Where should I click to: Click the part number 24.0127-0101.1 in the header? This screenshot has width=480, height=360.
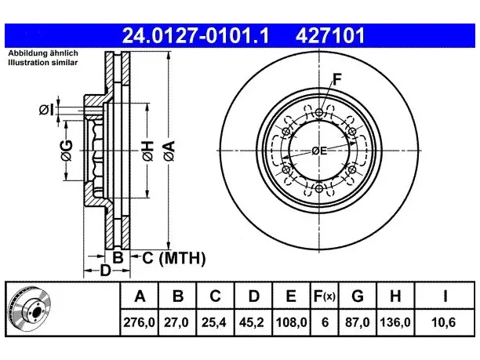(195, 35)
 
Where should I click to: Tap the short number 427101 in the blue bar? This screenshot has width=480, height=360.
(330, 35)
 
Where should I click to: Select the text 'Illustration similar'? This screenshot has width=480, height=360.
(43, 63)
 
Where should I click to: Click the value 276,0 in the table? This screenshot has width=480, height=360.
(139, 322)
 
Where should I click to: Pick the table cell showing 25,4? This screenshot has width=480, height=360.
(214, 322)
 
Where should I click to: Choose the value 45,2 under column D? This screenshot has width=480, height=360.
(252, 322)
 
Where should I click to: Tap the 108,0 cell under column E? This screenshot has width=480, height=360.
(291, 322)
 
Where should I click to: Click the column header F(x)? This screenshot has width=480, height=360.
(325, 296)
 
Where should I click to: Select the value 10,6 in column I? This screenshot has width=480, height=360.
(444, 322)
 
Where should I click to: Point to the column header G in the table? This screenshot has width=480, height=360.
(358, 296)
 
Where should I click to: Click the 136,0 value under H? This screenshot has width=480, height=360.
(395, 322)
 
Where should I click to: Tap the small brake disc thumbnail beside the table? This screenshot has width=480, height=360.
(29, 310)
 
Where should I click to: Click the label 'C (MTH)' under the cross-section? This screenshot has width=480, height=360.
(174, 258)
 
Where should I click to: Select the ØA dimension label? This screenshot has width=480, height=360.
(169, 151)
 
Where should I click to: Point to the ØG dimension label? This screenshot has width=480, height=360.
(67, 151)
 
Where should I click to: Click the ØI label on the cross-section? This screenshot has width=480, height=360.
(46, 110)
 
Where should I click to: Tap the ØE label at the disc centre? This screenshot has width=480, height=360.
(319, 151)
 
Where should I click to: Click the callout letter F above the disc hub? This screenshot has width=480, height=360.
(336, 79)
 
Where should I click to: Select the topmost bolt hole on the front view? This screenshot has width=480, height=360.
(319, 113)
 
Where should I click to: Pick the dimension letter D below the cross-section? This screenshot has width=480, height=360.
(105, 271)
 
